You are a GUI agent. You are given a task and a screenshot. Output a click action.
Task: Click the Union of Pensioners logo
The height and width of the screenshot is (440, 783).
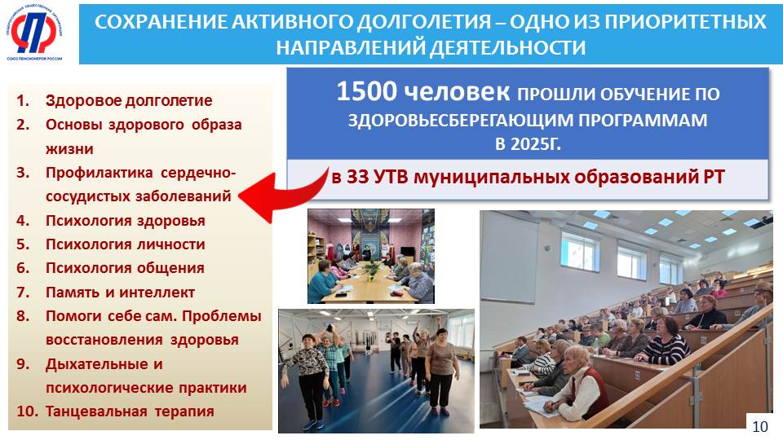click(34, 33)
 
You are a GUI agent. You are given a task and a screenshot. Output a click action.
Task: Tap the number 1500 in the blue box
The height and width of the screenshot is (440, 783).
click(366, 91)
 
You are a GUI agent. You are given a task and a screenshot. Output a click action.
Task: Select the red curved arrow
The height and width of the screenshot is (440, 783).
click(281, 191)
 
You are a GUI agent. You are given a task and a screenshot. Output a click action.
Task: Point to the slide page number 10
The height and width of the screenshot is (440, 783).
click(760, 426)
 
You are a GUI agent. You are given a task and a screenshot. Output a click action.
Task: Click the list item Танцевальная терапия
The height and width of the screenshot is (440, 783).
click(130, 411)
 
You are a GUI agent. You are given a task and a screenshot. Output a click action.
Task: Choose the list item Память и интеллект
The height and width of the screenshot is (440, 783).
click(120, 292)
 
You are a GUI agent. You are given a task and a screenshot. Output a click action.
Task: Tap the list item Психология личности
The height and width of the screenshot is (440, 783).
click(126, 244)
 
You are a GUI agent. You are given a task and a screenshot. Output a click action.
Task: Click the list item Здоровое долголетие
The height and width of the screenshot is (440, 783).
click(129, 101)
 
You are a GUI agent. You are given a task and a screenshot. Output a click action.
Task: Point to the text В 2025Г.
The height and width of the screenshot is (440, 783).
click(528, 144)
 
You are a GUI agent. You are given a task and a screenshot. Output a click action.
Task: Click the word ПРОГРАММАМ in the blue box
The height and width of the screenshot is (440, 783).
click(643, 121)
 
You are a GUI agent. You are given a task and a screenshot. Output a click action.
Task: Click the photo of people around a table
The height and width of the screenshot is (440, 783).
click(371, 256)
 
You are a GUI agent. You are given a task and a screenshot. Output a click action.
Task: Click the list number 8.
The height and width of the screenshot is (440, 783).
click(23, 316)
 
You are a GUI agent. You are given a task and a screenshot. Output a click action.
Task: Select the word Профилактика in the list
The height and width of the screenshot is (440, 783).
click(100, 173)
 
